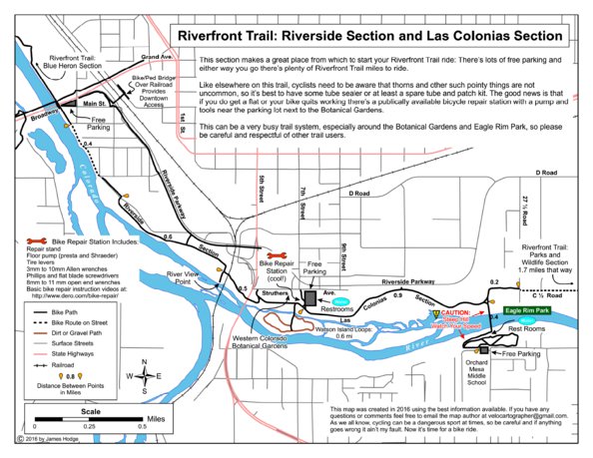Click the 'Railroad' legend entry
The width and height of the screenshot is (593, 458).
tap(66, 366)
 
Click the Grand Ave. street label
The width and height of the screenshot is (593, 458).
tap(161, 60)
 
